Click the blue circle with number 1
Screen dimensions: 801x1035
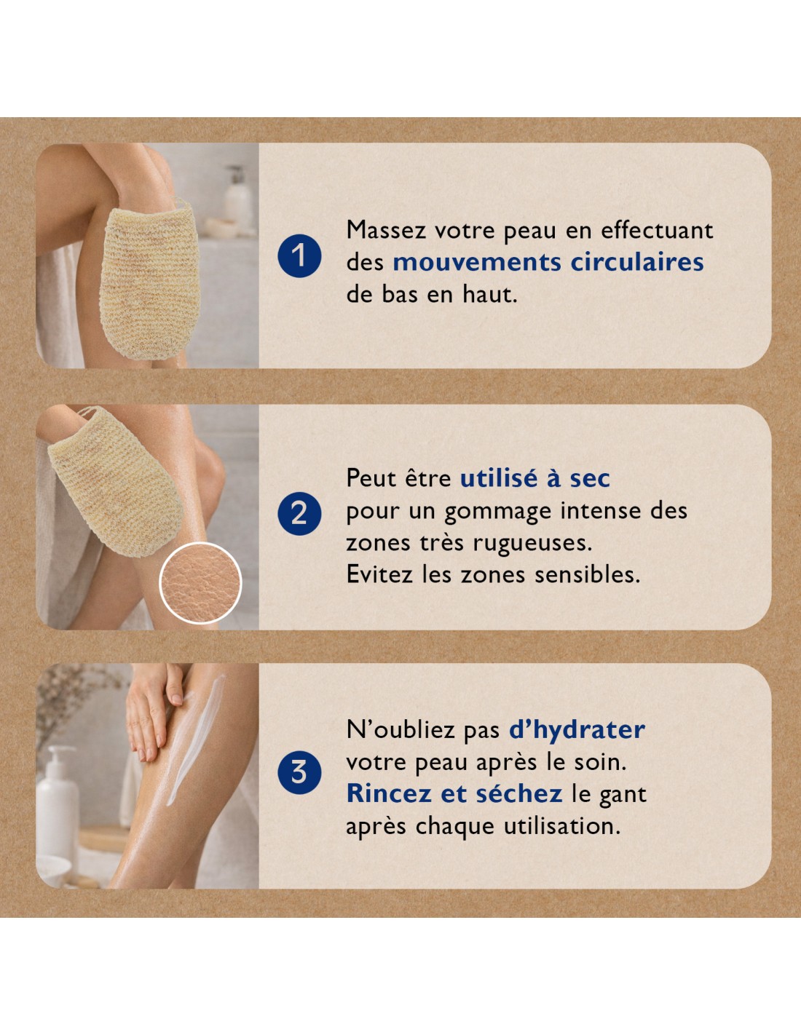pos(299,255)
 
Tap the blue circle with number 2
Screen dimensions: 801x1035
pos(299,514)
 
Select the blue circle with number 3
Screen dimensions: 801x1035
pos(299,772)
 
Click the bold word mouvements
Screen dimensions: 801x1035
pos(476,263)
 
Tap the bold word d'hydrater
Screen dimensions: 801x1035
pos(577,730)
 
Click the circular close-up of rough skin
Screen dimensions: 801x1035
pos(200,582)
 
